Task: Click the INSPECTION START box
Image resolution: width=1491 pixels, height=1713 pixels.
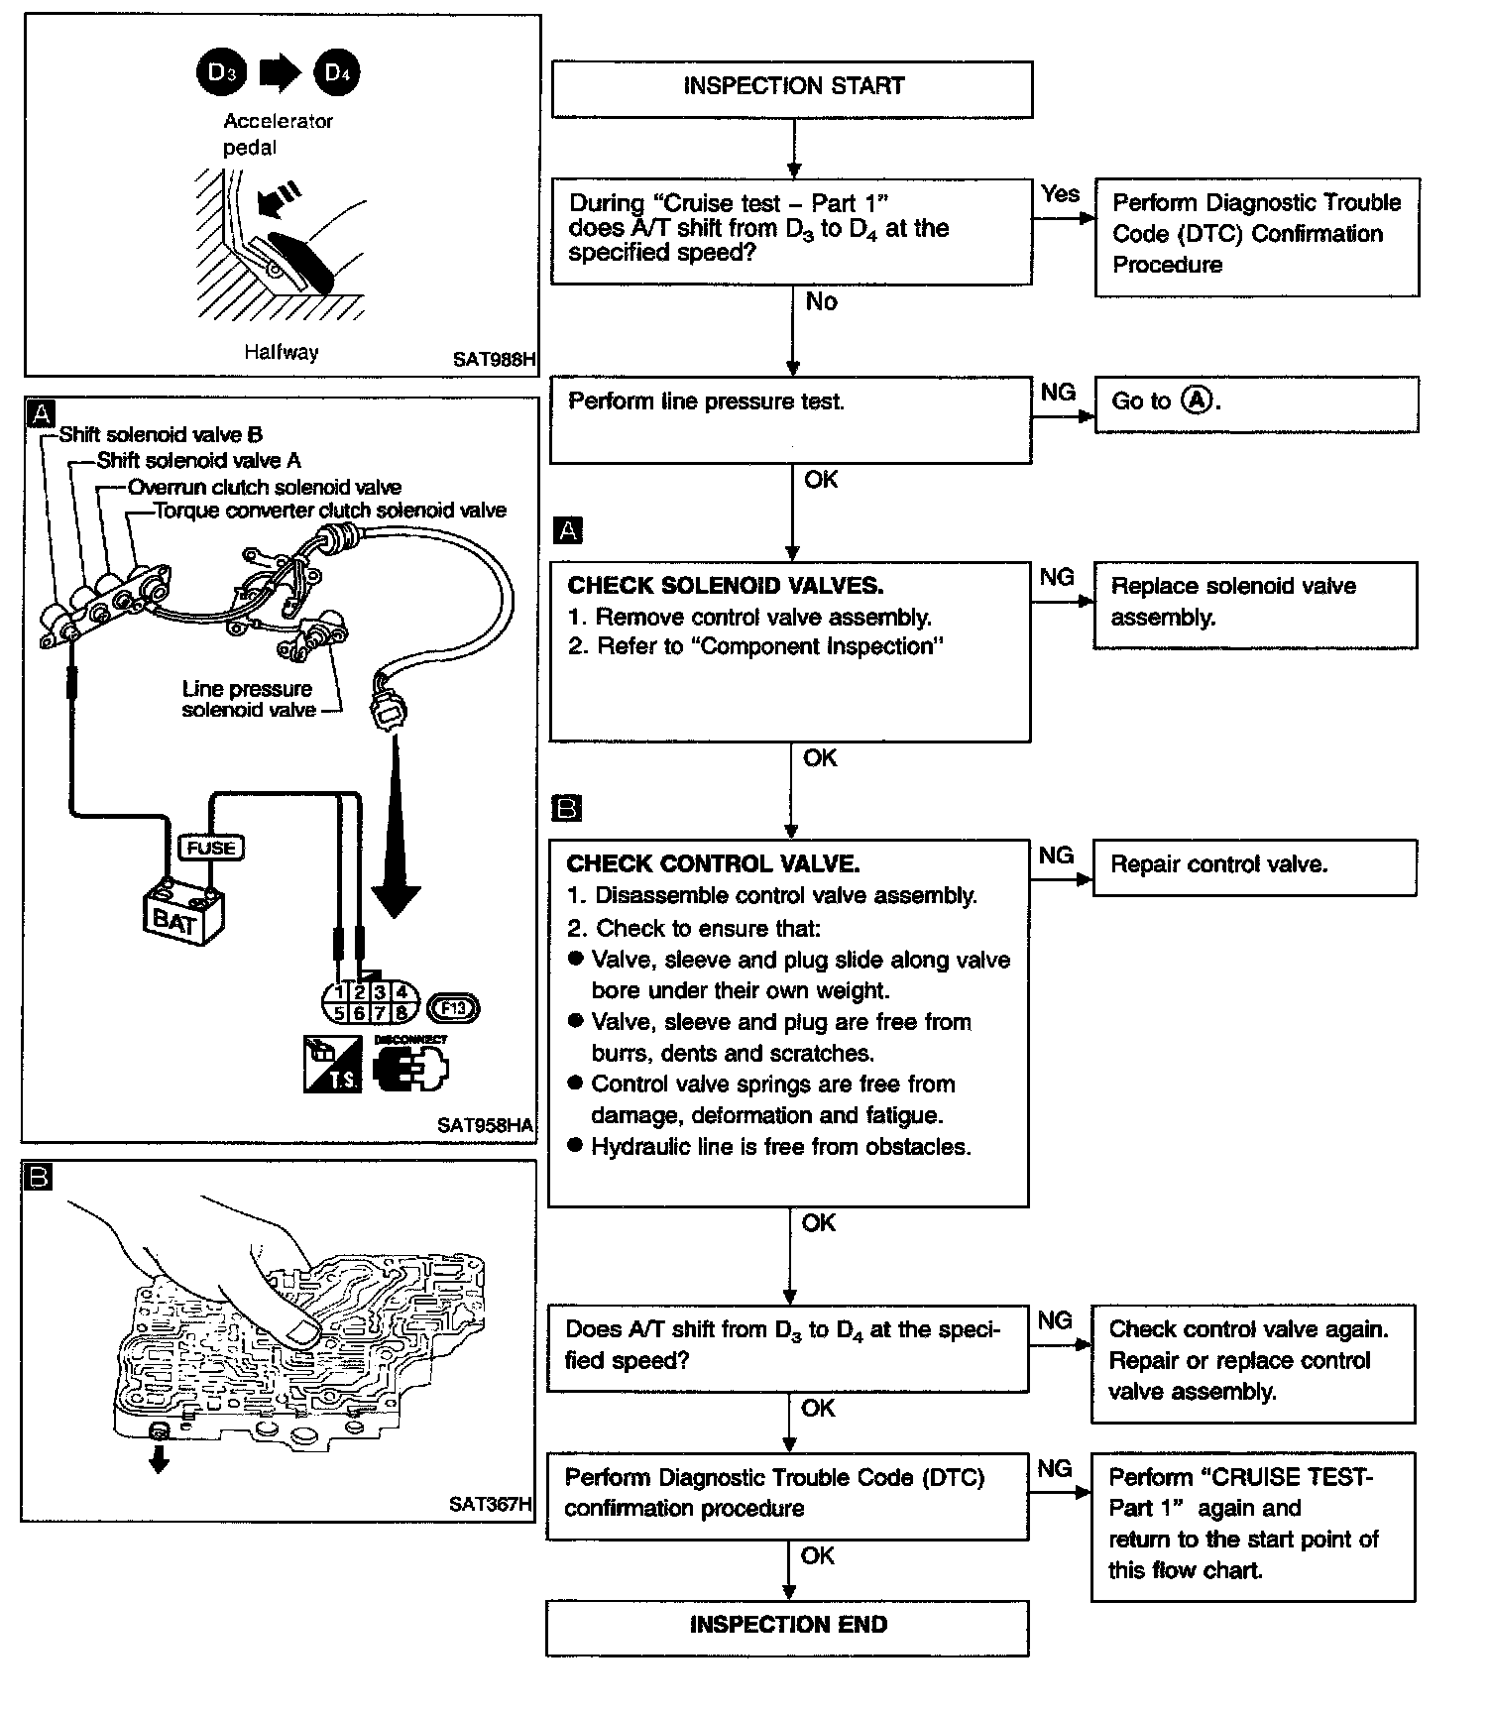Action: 791,88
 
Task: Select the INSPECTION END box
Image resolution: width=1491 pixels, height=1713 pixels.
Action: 787,1627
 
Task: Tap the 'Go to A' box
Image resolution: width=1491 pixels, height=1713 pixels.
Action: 1255,403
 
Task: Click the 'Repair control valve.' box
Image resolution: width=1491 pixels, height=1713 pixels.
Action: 1254,867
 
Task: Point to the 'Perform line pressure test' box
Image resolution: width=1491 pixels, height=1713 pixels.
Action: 790,418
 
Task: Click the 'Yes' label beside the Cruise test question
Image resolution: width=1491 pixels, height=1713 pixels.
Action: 1060,194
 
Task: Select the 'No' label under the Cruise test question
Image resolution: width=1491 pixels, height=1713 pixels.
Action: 821,302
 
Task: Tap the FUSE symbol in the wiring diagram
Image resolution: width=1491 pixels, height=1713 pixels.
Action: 210,848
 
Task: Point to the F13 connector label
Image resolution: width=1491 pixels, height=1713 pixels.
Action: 453,1009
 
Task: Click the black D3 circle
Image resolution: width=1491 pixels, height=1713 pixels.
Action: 219,73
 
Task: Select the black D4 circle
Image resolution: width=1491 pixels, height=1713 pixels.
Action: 336,73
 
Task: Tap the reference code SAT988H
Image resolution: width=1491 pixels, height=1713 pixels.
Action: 493,360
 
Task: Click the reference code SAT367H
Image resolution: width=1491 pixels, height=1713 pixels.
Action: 490,1504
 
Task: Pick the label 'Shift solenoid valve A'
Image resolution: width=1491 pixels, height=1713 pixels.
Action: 198,461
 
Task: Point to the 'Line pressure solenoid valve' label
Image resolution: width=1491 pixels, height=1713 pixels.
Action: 248,699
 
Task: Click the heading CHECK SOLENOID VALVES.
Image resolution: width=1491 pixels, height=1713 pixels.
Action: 725,586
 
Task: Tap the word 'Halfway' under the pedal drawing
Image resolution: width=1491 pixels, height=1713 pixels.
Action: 282,352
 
